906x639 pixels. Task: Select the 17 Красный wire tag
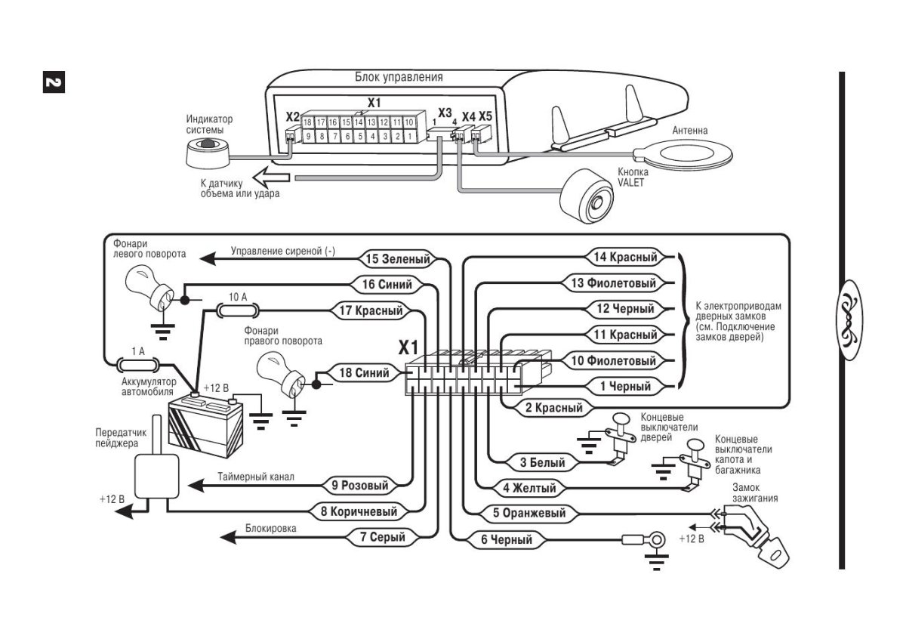click(x=370, y=310)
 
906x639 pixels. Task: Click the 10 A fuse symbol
click(x=238, y=310)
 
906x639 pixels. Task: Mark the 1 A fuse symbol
click(x=137, y=364)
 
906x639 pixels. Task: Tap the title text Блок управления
click(x=399, y=77)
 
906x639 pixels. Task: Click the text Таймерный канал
click(x=256, y=477)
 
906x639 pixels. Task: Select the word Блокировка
click(x=270, y=529)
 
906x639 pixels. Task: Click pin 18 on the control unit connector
click(x=308, y=122)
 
